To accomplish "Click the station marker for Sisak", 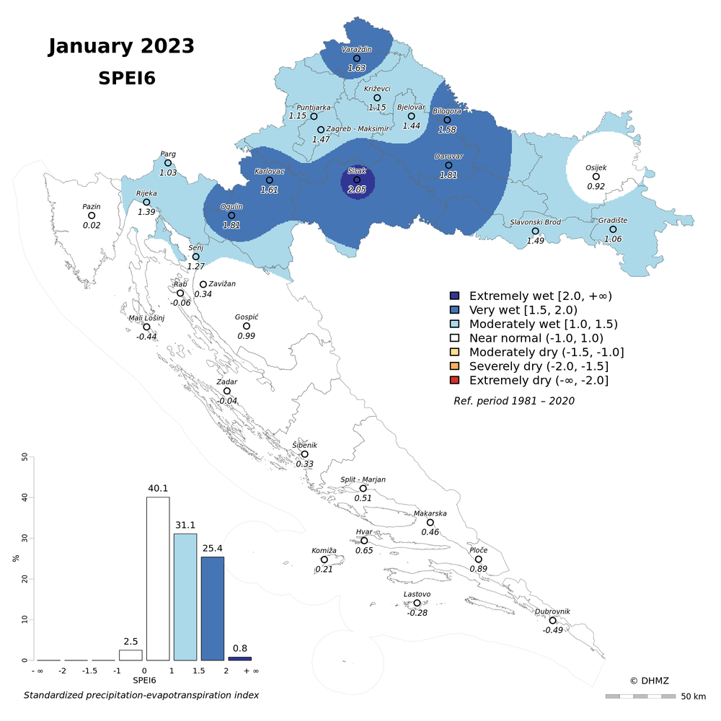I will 356,180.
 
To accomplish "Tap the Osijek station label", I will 596,167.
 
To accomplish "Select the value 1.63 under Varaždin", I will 357,68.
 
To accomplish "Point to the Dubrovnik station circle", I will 553,621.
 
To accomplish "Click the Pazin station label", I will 92,206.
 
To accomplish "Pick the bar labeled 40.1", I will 158,578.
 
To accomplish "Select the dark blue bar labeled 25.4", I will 213,609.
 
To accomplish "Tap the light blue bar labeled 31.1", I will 185,597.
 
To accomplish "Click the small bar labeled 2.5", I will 131,655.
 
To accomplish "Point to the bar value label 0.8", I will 240,649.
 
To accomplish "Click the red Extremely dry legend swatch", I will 455,380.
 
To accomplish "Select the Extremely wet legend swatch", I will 455,296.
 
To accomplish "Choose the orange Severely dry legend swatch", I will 455,366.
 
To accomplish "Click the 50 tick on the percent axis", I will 25,457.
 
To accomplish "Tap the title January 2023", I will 121,47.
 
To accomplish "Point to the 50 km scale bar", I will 640,696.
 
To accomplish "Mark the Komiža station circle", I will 324,559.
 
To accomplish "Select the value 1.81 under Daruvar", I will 448,174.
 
